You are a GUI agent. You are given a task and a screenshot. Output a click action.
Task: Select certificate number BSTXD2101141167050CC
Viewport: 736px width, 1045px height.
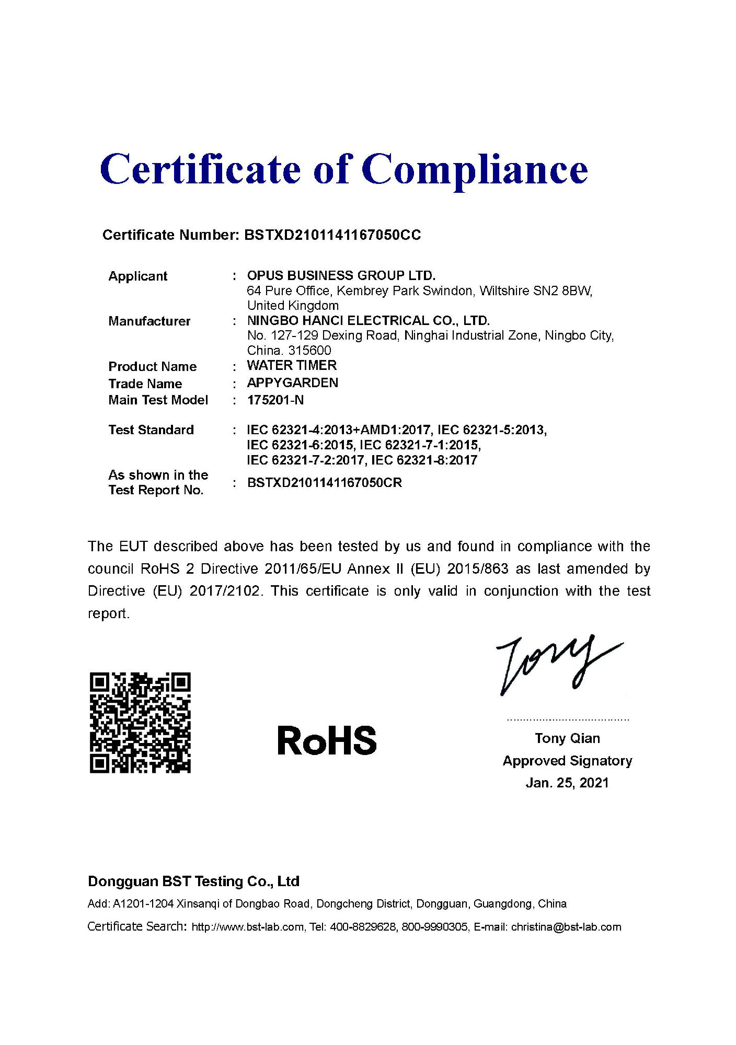(x=332, y=235)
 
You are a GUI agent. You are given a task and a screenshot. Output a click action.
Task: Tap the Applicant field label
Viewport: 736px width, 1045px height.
(x=137, y=276)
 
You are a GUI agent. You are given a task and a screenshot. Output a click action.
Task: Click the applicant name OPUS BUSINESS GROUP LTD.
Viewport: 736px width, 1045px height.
(x=341, y=275)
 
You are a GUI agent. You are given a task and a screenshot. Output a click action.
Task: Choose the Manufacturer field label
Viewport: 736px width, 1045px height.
(x=149, y=321)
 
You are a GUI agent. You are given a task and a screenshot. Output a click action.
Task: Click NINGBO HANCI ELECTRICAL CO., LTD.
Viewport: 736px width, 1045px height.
(x=368, y=320)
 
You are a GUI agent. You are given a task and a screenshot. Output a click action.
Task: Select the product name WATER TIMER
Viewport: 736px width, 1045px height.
(x=292, y=365)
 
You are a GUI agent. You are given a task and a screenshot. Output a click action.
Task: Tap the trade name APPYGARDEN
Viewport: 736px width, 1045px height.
(x=292, y=382)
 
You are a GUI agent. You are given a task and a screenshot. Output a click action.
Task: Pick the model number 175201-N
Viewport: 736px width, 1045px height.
(x=275, y=400)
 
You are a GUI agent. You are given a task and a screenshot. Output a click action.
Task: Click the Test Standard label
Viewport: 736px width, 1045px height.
(x=151, y=429)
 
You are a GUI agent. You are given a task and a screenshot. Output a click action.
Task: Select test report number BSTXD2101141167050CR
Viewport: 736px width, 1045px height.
(x=324, y=482)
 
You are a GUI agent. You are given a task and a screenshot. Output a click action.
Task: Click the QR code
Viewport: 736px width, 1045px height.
(x=140, y=722)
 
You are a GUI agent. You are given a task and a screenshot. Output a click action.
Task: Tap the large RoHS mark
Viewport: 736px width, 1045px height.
(x=327, y=740)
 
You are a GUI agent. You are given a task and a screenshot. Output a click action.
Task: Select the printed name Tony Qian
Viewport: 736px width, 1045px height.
(x=567, y=738)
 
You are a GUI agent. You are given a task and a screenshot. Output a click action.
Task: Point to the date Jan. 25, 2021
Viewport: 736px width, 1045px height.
(x=567, y=782)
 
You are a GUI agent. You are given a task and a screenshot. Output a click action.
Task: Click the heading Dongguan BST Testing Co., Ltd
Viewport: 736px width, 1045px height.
(x=193, y=881)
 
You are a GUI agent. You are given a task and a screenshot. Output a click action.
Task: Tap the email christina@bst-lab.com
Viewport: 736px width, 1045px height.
(x=566, y=927)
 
